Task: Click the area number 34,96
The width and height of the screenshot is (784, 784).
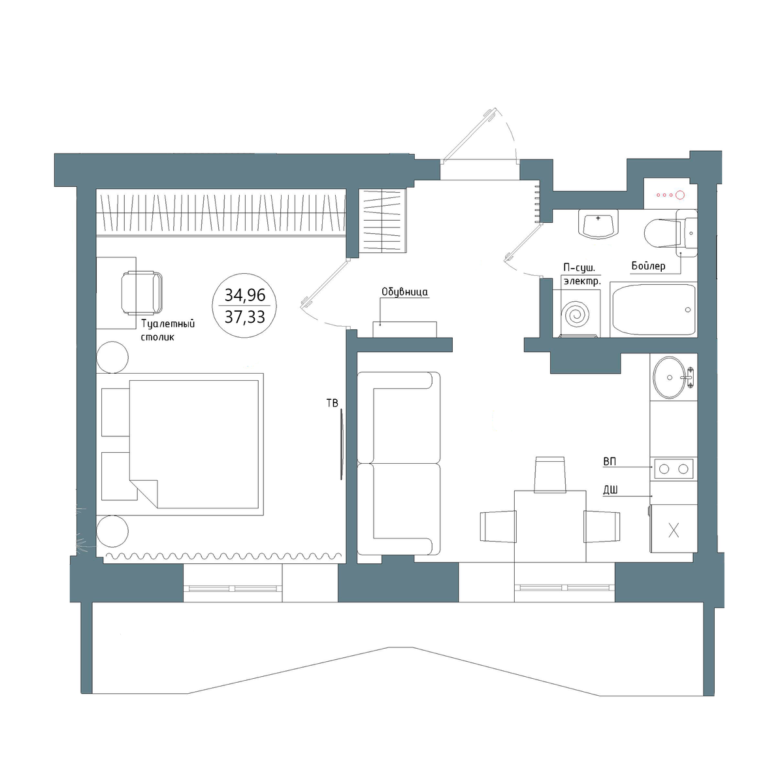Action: click(x=245, y=295)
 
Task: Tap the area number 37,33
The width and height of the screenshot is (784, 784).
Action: click(x=245, y=317)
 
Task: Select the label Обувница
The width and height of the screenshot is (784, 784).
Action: click(x=404, y=292)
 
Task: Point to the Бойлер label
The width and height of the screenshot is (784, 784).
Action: click(x=649, y=266)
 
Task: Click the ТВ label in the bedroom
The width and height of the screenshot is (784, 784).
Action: click(x=333, y=403)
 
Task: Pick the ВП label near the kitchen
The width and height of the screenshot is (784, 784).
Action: click(x=610, y=462)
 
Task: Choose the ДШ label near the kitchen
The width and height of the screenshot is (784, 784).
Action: click(x=610, y=490)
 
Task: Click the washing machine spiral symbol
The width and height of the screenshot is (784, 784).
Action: click(x=575, y=314)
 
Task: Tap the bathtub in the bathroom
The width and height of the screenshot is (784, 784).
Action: click(x=653, y=310)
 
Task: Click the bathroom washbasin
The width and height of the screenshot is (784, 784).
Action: click(x=598, y=224)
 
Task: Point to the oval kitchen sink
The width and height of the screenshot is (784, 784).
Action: click(x=669, y=378)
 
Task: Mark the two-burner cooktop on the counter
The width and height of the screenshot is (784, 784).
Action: click(x=674, y=469)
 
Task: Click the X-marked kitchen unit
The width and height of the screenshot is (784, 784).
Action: click(x=674, y=529)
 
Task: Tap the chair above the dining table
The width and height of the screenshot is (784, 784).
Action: click(x=550, y=474)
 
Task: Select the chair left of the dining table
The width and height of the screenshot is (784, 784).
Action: click(x=498, y=527)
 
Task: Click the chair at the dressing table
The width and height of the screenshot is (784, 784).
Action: click(x=142, y=293)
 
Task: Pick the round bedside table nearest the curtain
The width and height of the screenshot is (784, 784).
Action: click(x=112, y=531)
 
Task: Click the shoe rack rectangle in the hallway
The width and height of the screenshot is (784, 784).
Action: click(x=404, y=329)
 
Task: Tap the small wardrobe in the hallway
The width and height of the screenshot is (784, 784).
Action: click(x=383, y=221)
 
